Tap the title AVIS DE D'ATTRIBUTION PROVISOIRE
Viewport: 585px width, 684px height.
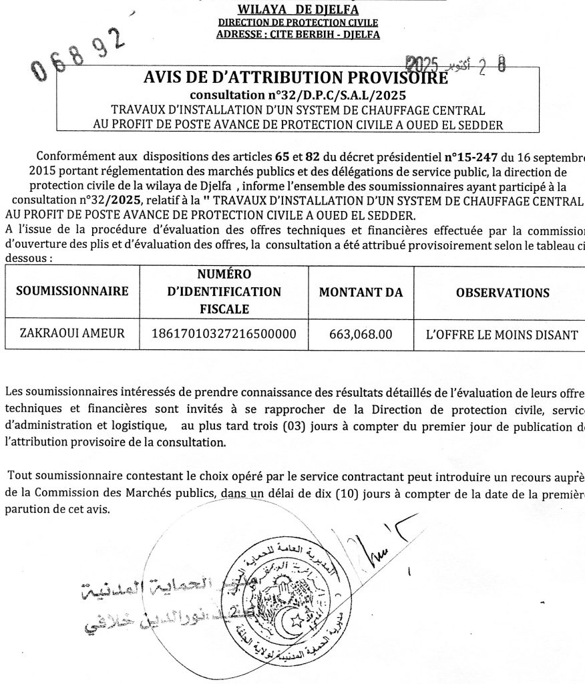pos(296,79)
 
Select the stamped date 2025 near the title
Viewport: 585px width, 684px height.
pos(423,64)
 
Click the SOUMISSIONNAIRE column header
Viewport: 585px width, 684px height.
pos(72,292)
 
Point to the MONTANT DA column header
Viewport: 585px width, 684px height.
pos(360,292)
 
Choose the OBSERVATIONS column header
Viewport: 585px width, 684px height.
pos(502,293)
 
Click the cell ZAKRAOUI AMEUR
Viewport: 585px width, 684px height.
pos(72,333)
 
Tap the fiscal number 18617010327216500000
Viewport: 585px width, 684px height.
pos(224,333)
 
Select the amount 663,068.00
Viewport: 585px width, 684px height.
pos(361,333)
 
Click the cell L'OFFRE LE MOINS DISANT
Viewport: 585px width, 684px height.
pos(496,334)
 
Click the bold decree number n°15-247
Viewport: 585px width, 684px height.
pos(471,158)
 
